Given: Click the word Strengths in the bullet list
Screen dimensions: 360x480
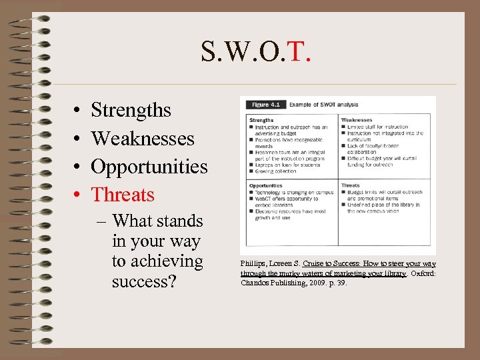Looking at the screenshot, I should [131, 110].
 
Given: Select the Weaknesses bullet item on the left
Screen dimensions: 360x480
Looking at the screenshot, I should [143, 139].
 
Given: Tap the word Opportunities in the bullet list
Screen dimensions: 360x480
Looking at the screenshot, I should [149, 167].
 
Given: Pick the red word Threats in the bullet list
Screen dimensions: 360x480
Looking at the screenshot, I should [123, 195].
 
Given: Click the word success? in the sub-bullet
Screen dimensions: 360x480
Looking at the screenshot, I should [144, 281].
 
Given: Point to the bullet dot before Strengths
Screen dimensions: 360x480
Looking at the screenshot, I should [78, 111].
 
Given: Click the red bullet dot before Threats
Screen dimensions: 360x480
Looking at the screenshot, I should [78, 195].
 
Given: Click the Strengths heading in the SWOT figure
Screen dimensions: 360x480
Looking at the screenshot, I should [261, 121].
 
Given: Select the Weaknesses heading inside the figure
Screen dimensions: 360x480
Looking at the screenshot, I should [357, 121].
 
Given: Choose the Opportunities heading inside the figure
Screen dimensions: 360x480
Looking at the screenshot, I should [266, 186].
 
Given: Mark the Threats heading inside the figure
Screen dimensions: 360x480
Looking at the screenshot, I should [351, 186].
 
